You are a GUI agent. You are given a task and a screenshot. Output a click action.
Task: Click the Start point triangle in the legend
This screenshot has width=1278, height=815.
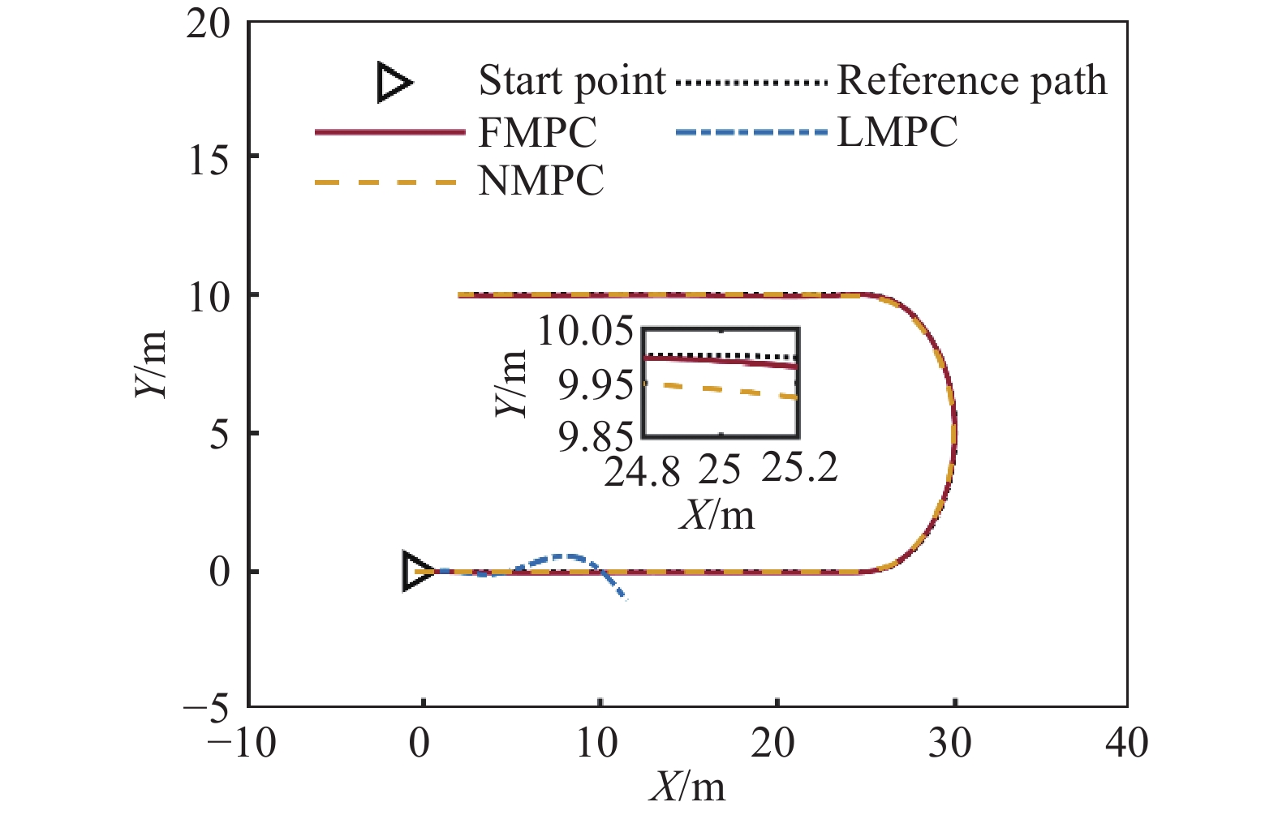point(394,84)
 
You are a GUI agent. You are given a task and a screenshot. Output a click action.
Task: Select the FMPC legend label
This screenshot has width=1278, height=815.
point(537,132)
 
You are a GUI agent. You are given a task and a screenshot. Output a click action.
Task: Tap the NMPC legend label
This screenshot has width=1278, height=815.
point(541,180)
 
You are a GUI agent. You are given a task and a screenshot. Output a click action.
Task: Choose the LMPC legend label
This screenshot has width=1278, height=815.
point(897,131)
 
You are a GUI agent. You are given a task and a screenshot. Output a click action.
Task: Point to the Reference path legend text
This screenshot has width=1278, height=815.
point(971,81)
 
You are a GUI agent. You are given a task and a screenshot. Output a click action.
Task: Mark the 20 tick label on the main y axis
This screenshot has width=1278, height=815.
point(208,24)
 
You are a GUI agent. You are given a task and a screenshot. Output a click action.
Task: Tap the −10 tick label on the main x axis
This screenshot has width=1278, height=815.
point(242,743)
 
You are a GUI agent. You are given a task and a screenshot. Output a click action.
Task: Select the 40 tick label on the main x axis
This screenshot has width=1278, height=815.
point(1127,743)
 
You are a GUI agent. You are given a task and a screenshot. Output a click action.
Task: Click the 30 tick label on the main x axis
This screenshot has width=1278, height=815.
point(950,743)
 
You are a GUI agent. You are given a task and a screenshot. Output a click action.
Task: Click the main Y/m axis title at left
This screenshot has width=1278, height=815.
point(151,365)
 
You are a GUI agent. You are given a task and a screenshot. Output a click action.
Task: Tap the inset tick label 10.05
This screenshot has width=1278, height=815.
point(584,332)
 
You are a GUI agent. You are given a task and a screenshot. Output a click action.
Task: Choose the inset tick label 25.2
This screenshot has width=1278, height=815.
point(799,468)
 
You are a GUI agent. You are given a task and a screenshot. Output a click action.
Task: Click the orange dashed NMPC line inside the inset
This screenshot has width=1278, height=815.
point(722,390)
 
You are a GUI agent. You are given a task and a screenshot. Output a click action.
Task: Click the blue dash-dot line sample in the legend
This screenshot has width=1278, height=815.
point(751,131)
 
